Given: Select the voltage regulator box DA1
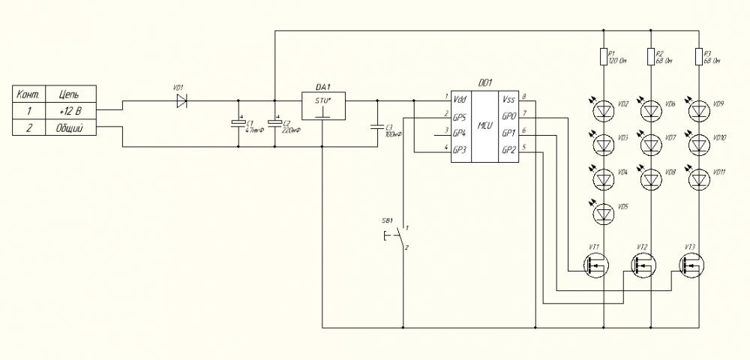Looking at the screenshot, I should pyautogui.click(x=321, y=105).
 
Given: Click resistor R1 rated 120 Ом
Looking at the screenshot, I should pyautogui.click(x=604, y=57).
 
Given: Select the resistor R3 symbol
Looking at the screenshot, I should pyautogui.click(x=699, y=57).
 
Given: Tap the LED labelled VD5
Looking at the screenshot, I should pyautogui.click(x=604, y=214).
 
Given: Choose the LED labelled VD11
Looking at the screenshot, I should pyautogui.click(x=699, y=179).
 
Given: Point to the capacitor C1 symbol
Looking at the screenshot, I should pyautogui.click(x=238, y=124).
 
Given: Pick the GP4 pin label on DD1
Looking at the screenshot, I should pyautogui.click(x=461, y=132).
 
